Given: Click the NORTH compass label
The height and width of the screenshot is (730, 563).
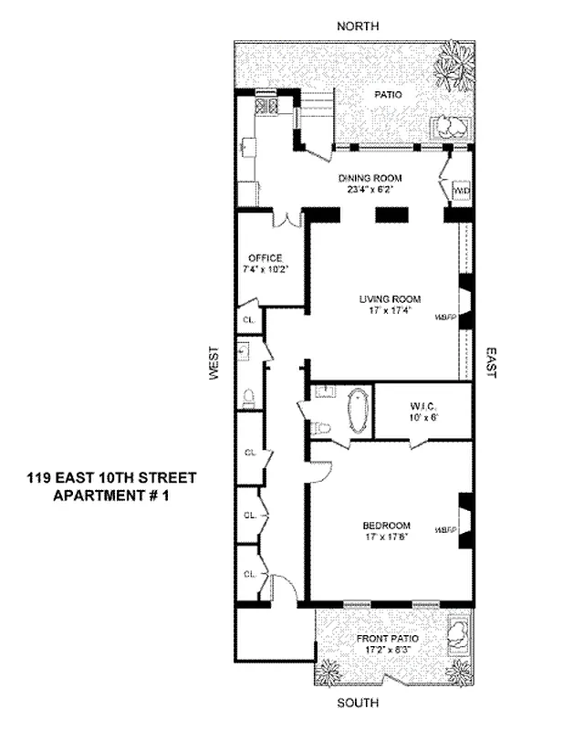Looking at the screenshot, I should [x=358, y=26].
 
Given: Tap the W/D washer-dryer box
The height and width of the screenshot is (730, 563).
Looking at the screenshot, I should [x=462, y=190].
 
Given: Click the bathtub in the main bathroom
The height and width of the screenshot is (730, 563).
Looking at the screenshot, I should [x=357, y=412].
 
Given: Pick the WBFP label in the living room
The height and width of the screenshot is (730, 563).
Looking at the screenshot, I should [x=445, y=318].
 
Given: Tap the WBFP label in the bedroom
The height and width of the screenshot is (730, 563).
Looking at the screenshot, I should [x=445, y=529].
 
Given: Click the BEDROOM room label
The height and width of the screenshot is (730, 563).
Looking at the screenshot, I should [x=386, y=525].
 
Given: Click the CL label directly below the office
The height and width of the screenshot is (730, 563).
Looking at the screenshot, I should [x=249, y=320].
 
